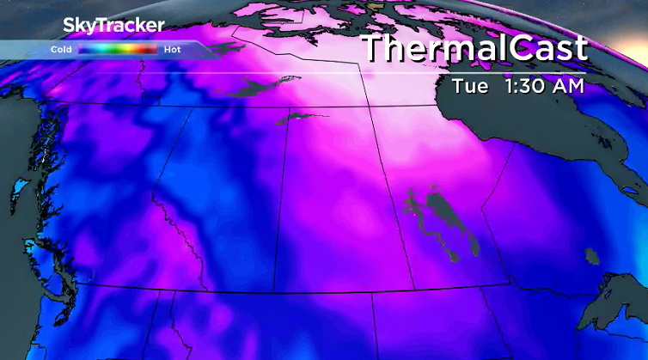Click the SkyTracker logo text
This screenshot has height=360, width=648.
click(x=113, y=26)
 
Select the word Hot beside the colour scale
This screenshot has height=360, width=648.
click(x=172, y=50)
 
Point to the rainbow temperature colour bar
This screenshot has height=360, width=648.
click(x=118, y=50)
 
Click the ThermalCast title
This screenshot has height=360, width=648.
click(x=474, y=48)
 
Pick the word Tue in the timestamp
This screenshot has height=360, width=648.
click(x=472, y=87)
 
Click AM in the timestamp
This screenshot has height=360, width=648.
click(x=569, y=87)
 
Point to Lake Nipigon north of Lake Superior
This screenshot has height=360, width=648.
click(x=590, y=253)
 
